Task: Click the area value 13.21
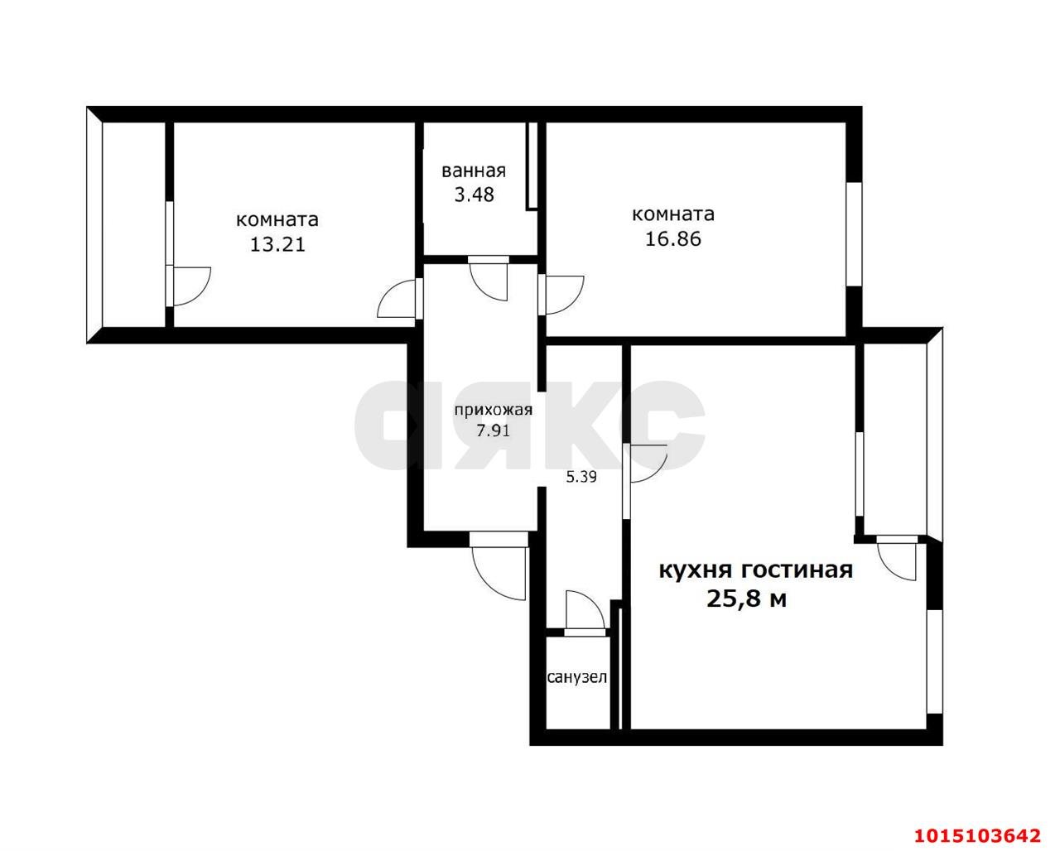click(277, 244)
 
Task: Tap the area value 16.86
click(672, 239)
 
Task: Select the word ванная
click(474, 171)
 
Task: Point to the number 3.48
click(474, 196)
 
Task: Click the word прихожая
click(493, 411)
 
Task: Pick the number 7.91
click(493, 430)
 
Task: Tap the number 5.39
click(581, 477)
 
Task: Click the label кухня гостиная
click(755, 570)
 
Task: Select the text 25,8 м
click(746, 599)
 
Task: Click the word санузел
click(577, 678)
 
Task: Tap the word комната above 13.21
click(277, 220)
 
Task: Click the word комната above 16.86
click(672, 214)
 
